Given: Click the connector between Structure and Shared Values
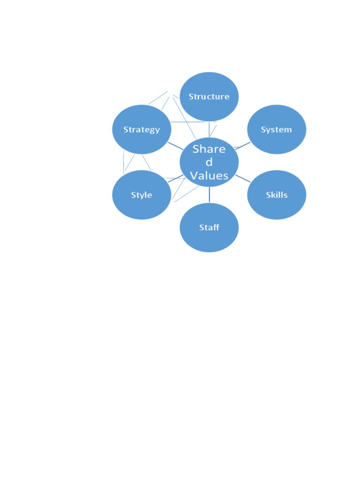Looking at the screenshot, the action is (x=209, y=129).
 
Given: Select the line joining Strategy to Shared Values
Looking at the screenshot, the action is (x=175, y=145).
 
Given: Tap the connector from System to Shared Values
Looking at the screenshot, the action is (x=243, y=145).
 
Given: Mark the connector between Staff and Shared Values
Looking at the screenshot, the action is (x=209, y=195).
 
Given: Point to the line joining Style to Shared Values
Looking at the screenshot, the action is (x=175, y=179).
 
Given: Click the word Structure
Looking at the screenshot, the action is (x=209, y=97).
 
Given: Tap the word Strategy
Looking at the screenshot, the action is (x=142, y=130).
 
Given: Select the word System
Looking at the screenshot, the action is (x=277, y=130).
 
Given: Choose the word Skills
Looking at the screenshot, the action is (x=277, y=195).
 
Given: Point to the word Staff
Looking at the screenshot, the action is (x=209, y=228).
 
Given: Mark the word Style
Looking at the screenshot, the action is (x=142, y=195).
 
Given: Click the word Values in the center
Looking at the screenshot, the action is (x=209, y=176).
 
